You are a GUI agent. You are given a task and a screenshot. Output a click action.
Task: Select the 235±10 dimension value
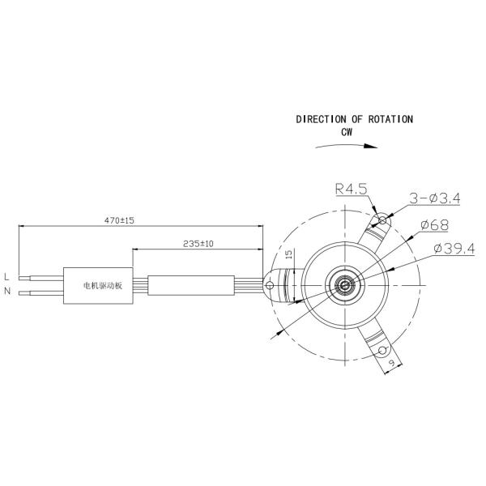pyautogui.click(x=198, y=243)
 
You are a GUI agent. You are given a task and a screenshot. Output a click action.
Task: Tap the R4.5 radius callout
pyautogui.click(x=352, y=190)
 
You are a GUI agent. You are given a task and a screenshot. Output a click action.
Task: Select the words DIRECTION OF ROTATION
pyautogui.click(x=354, y=119)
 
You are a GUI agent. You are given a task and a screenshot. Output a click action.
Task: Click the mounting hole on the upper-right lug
pyautogui.click(x=383, y=219)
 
